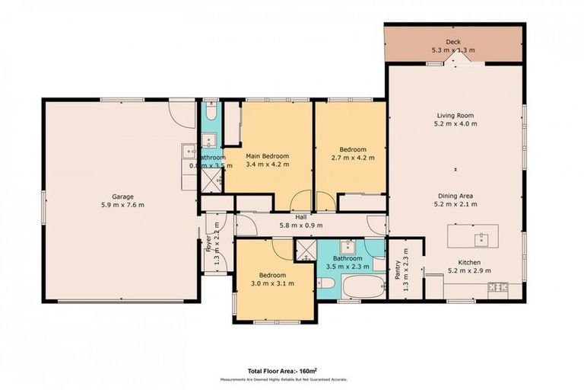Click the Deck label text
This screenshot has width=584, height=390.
point(453,42)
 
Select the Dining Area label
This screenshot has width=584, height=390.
point(454,195)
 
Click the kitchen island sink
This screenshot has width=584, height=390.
point(481,238)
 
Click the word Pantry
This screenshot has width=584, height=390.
point(397,271)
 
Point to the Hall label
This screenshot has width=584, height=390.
point(302,216)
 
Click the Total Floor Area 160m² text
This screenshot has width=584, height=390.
point(281,371)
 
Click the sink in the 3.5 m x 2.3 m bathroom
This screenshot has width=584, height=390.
point(350,247)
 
